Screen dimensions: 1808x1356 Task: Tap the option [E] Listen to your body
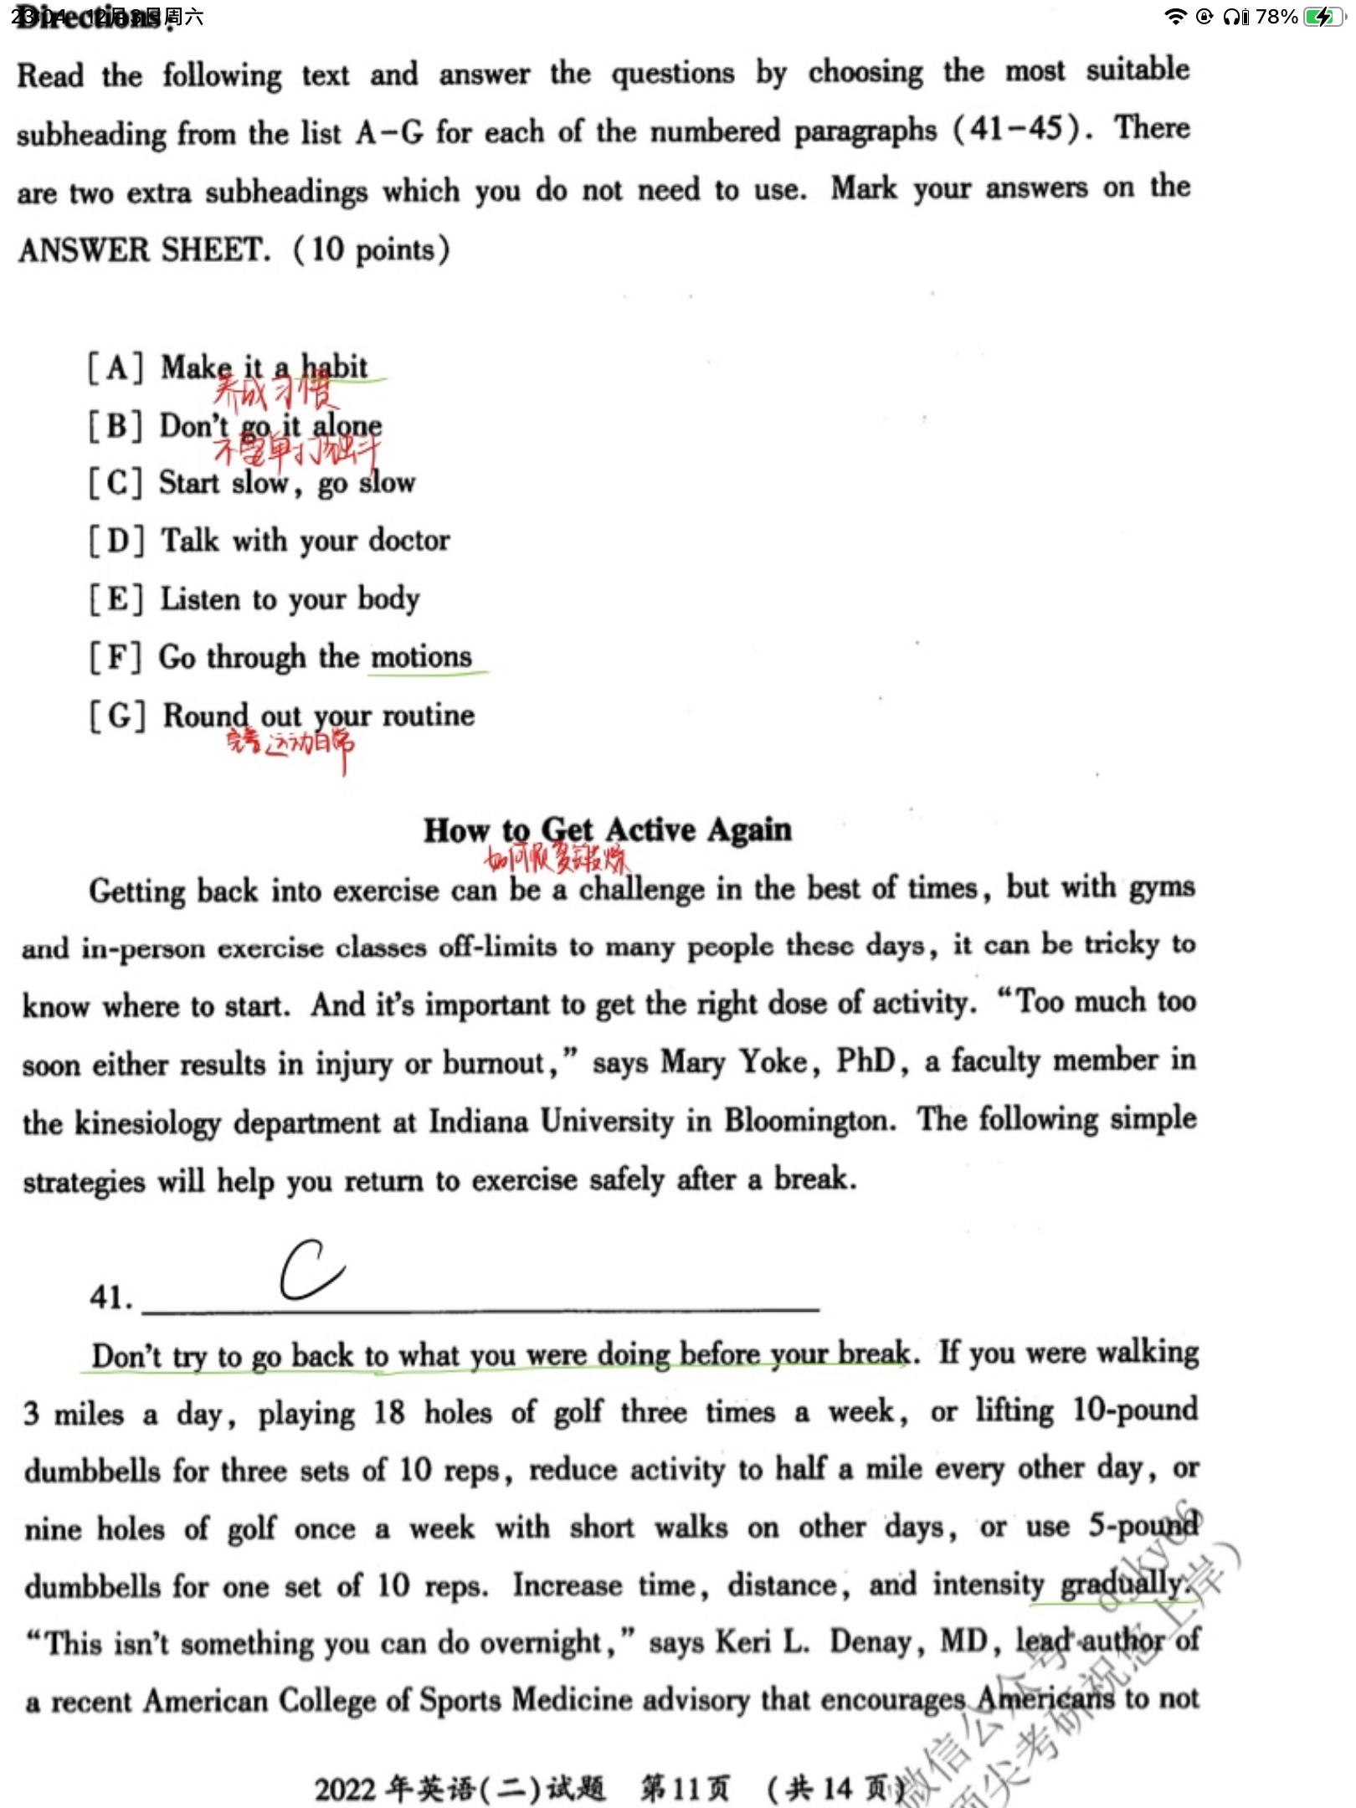[254, 599]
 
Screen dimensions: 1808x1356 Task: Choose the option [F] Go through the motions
[280, 658]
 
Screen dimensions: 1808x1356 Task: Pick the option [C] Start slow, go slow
[251, 483]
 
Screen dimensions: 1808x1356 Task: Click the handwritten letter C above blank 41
[311, 1270]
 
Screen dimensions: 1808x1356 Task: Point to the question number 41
[110, 1297]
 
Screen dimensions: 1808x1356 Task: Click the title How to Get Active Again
[607, 830]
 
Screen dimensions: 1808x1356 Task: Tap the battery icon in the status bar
[1323, 17]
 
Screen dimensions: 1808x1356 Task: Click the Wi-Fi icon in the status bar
[1176, 17]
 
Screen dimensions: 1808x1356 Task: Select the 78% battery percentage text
[1276, 17]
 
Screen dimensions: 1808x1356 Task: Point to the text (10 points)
[372, 250]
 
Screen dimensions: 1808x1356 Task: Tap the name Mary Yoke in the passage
[735, 1062]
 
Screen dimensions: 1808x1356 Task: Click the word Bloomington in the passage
[809, 1121]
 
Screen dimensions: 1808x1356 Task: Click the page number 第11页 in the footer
[685, 1789]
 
